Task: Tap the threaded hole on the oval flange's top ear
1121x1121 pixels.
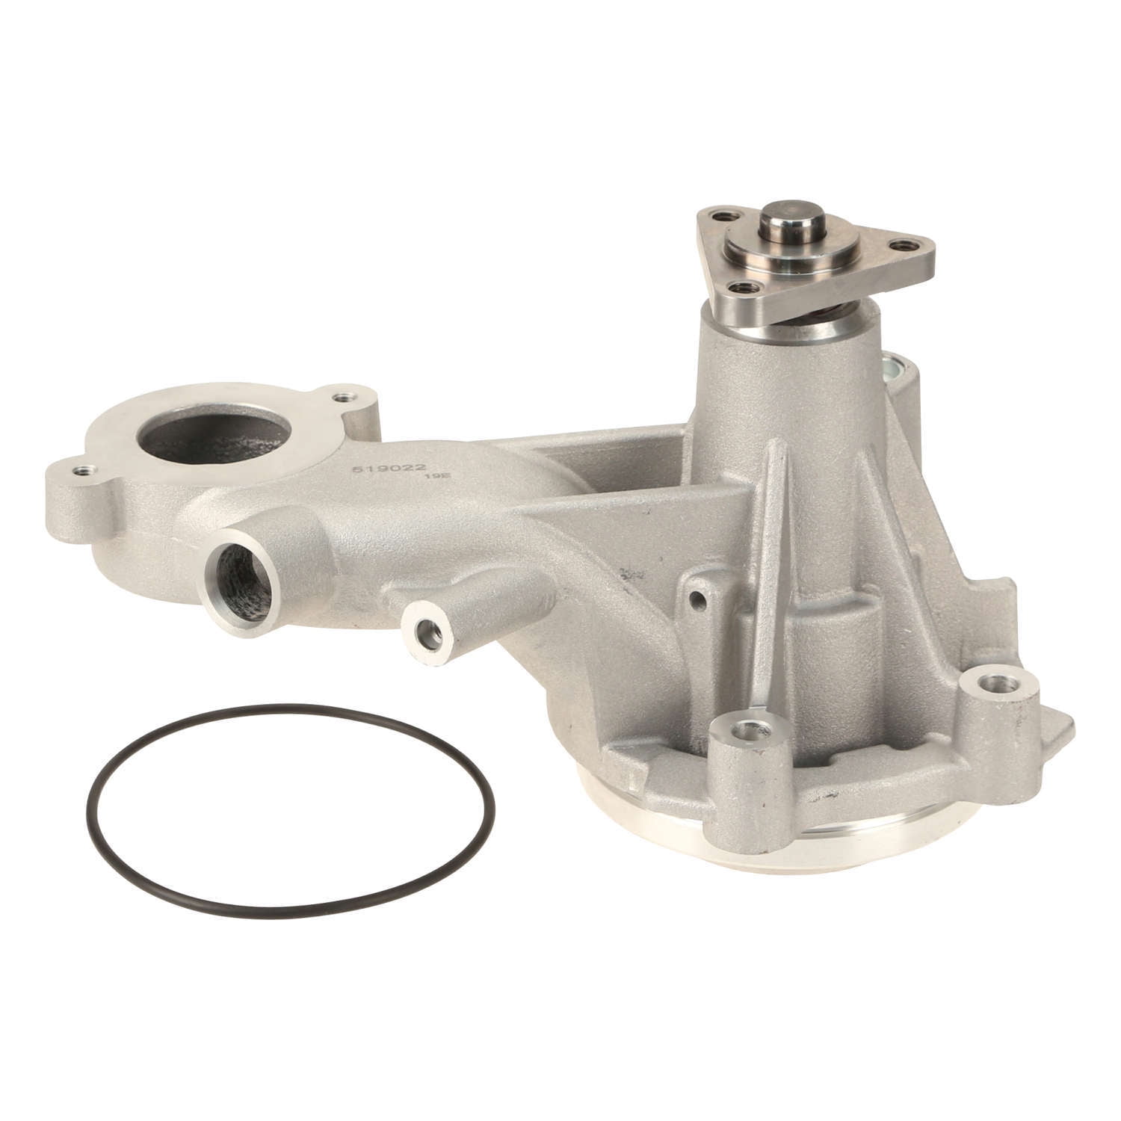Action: click(x=344, y=397)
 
